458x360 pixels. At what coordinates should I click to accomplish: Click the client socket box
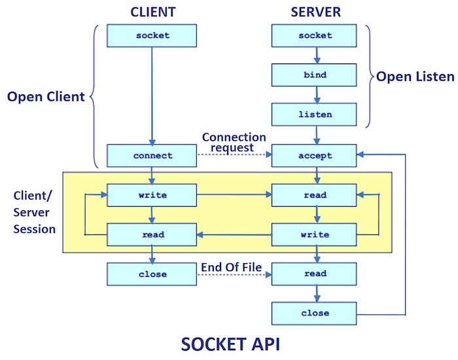[x=152, y=35]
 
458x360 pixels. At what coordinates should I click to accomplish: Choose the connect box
[x=152, y=156]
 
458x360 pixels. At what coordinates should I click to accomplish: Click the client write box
[x=152, y=195]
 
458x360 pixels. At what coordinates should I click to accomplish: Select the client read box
[x=152, y=234]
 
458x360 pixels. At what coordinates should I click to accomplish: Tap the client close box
[x=152, y=274]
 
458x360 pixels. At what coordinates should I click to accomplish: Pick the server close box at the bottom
[x=315, y=313]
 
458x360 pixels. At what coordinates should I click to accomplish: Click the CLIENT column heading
[x=153, y=11]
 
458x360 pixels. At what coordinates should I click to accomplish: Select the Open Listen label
[x=414, y=77]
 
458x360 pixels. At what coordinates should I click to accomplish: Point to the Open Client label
[x=46, y=97]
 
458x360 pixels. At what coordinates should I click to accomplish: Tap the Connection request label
[x=234, y=143]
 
